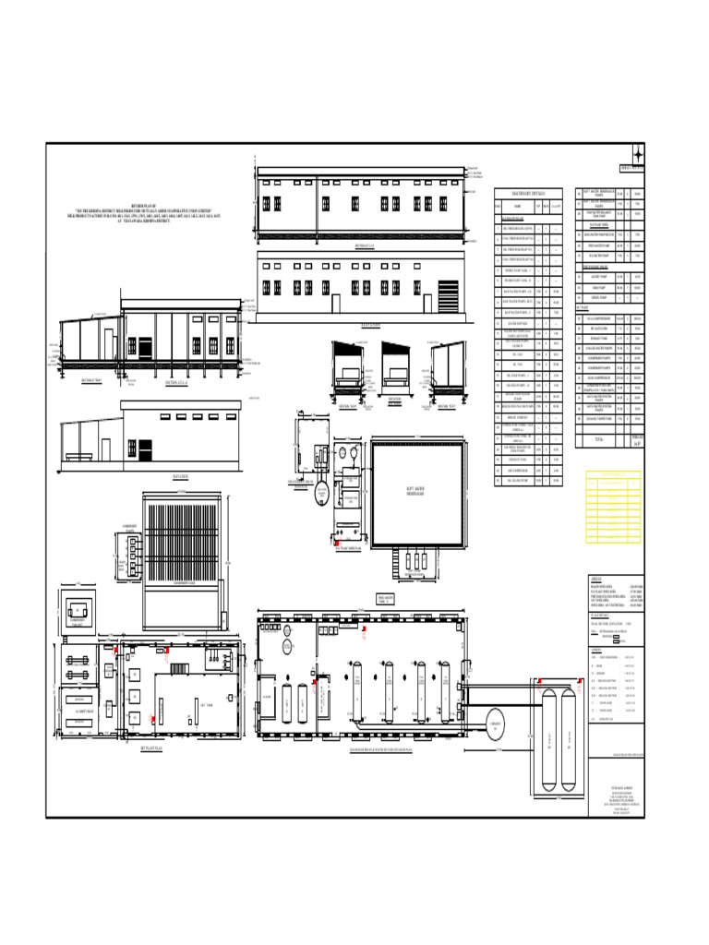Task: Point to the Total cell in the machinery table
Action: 599,441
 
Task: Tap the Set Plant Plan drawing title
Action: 152,748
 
